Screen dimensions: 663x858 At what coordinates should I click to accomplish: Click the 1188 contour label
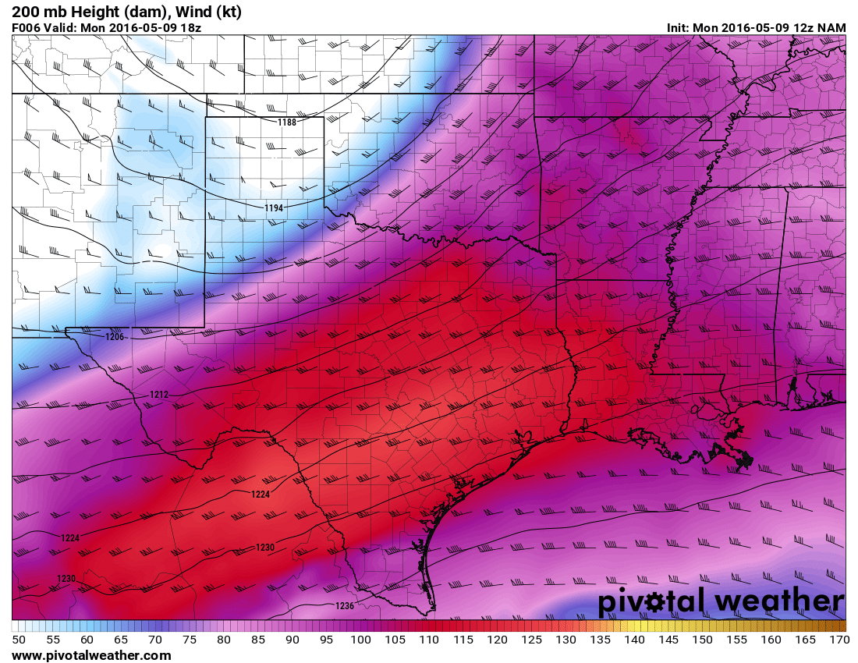pos(287,122)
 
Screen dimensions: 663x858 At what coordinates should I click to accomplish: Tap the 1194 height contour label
pos(273,208)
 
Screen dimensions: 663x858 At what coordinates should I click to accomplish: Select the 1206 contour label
pos(115,335)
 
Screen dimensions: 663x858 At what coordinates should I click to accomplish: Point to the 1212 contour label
pos(159,395)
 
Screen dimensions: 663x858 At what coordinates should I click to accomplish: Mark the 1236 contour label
pos(345,606)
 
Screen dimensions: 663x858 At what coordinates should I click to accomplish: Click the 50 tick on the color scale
pos(19,640)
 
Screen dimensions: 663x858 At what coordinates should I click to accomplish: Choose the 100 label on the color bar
pos(360,640)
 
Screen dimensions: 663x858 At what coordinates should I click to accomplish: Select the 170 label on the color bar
pos(839,640)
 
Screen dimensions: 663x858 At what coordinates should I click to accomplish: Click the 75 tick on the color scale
pos(190,640)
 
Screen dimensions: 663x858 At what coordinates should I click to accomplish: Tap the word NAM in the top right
pos(831,27)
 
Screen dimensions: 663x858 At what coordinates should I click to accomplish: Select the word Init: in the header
pos(679,27)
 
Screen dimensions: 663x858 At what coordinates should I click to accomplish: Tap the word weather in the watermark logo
pos(780,601)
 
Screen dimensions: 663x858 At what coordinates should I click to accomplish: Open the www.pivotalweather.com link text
pos(91,656)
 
